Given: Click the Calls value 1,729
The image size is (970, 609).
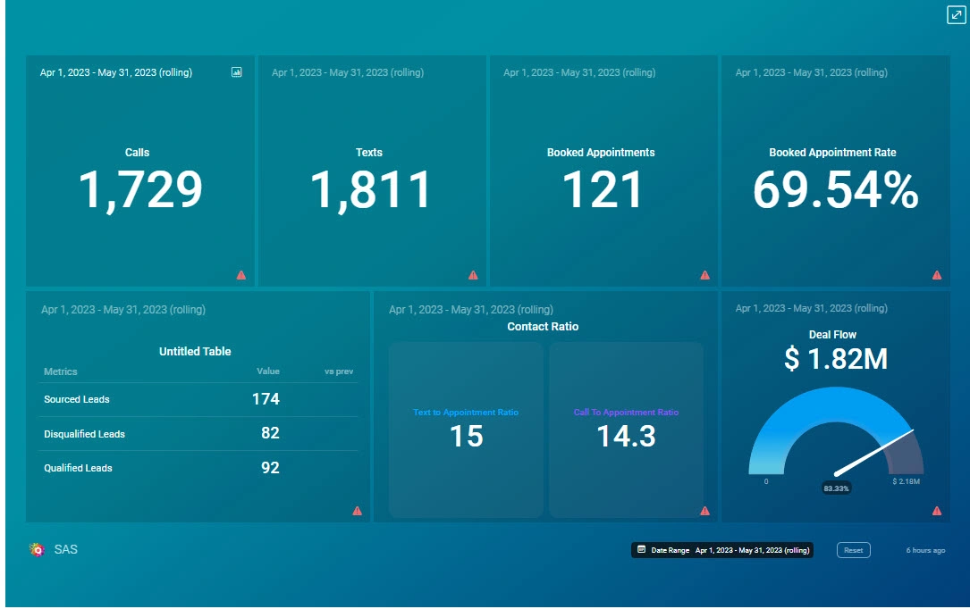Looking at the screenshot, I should (140, 191).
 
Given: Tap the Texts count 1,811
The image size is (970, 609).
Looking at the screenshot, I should (371, 191).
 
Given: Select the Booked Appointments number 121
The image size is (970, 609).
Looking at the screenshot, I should (602, 191).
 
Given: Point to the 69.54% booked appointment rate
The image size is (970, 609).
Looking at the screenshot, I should (835, 191).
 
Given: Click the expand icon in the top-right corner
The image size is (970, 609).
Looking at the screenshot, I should (956, 15).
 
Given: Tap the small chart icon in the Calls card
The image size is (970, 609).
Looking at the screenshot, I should (236, 72).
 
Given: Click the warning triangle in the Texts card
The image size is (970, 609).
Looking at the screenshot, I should (473, 275).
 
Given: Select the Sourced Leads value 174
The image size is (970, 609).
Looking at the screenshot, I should (266, 399).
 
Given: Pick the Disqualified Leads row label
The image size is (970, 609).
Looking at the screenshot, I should (84, 434).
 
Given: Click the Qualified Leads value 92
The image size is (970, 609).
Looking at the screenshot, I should (269, 468).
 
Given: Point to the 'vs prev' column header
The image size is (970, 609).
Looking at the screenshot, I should (339, 371).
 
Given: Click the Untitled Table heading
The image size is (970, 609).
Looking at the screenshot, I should (195, 352).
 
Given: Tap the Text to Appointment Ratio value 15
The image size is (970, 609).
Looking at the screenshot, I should (466, 437).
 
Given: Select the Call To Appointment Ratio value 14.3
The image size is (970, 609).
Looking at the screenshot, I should (626, 437).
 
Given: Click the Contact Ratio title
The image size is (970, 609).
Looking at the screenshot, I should (543, 327).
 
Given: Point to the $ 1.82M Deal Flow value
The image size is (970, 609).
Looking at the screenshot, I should (835, 359).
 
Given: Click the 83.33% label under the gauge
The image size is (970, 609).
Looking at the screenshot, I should (836, 488).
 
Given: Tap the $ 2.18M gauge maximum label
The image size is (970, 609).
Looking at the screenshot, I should (906, 481).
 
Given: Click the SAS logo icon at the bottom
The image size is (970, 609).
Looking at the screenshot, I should (38, 549).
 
